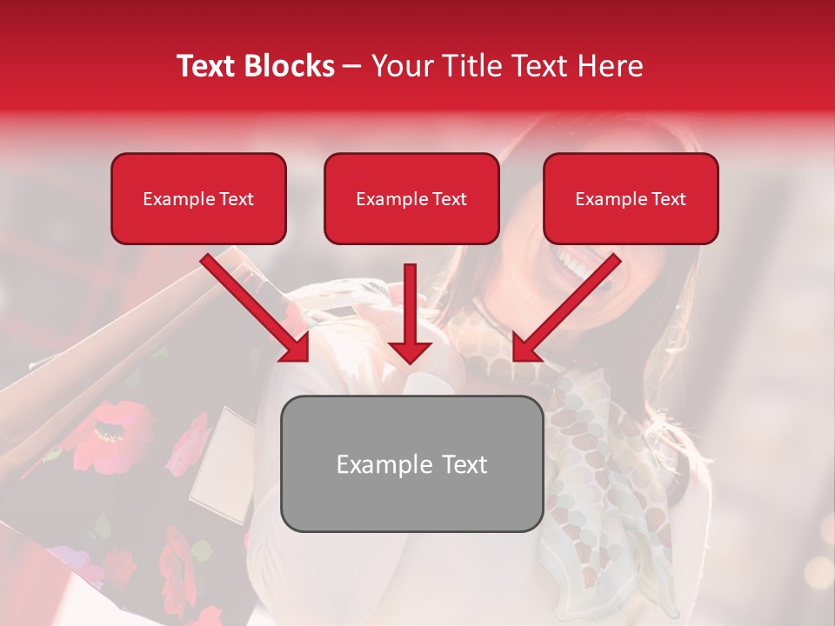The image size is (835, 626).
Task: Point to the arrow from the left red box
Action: (257, 309)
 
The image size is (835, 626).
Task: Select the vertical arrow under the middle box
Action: (410, 313)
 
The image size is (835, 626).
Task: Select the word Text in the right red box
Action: (668, 199)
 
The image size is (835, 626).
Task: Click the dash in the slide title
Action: (352, 66)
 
